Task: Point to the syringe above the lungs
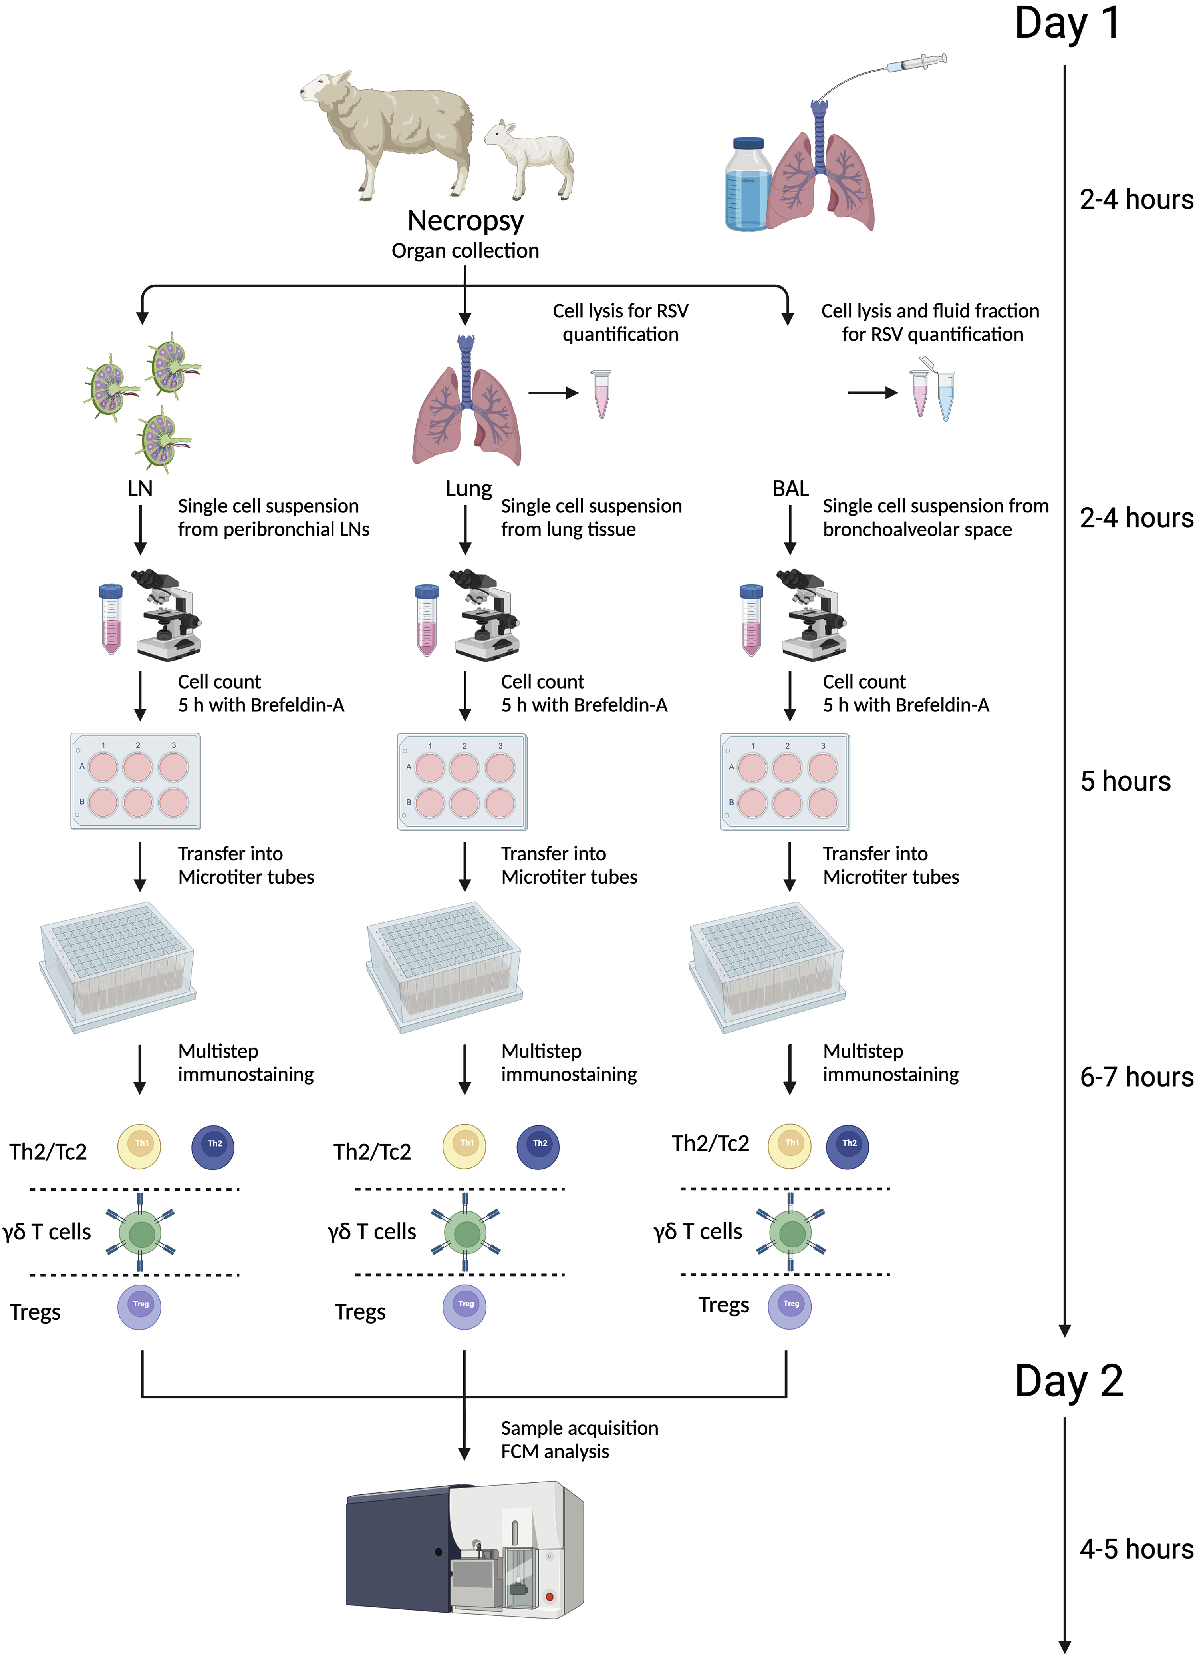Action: tap(918, 64)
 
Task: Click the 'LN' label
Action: tap(140, 489)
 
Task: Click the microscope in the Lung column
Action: tap(484, 614)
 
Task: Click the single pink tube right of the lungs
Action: tap(601, 394)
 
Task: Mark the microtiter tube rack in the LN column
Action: tap(117, 966)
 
